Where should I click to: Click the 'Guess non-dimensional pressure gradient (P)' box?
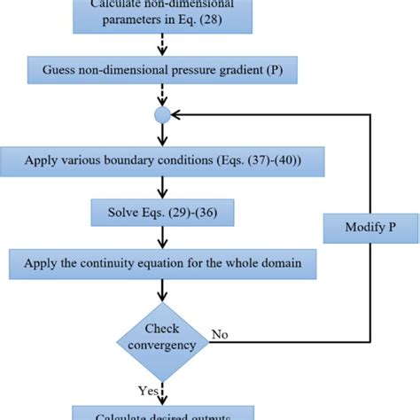coord(162,69)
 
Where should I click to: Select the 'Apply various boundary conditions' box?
coord(162,162)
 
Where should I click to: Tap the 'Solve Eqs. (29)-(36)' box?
coord(162,213)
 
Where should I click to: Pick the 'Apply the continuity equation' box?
coord(162,263)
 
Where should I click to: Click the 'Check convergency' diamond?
coord(162,338)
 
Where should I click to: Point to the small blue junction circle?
coord(162,115)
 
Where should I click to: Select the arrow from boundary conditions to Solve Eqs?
coord(162,188)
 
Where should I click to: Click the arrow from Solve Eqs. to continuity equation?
coord(162,238)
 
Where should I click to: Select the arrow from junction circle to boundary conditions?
coord(162,135)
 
